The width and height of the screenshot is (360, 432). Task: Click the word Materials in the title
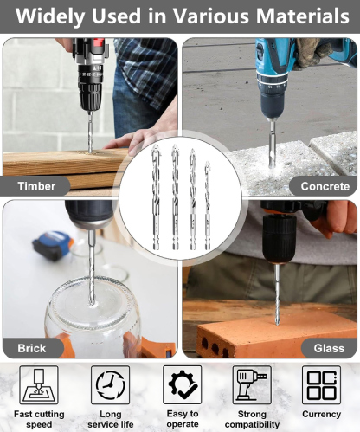[x=303, y=16]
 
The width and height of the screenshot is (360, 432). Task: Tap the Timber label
[x=36, y=186]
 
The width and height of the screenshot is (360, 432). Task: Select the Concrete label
[x=325, y=186]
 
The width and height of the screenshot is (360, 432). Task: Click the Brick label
[x=32, y=348]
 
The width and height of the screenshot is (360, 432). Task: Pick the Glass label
[x=329, y=348]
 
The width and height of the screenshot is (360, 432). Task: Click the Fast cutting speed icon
[x=39, y=385]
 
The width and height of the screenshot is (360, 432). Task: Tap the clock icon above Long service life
[x=110, y=385]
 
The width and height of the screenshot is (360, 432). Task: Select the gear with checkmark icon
[x=183, y=385]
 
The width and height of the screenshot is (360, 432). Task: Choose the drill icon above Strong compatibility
[x=252, y=385]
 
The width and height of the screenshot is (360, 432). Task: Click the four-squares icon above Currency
[x=321, y=385]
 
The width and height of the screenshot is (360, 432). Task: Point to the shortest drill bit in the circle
[x=208, y=205]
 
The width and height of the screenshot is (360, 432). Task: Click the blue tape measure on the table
[x=53, y=245]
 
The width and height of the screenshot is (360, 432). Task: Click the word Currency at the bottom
[x=322, y=414]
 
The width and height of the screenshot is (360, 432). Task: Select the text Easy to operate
[x=183, y=419]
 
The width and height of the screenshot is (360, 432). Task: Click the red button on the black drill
[x=99, y=42]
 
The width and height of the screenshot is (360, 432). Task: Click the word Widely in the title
[x=50, y=16]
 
